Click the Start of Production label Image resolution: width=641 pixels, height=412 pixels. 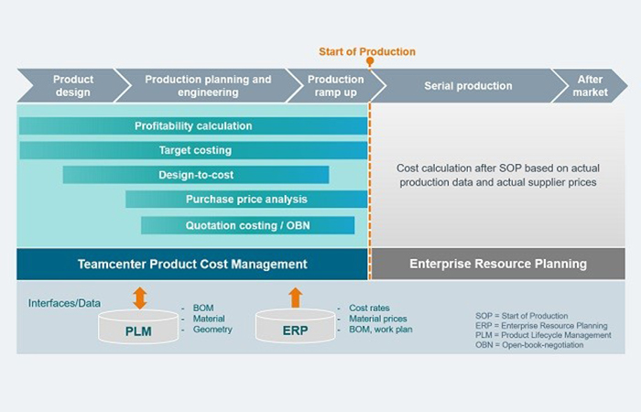366,51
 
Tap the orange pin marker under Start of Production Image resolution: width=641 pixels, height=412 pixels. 370,61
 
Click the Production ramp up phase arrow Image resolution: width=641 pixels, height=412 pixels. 336,85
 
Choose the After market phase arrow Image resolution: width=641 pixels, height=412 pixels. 590,85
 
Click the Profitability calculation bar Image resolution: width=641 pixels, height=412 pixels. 193,126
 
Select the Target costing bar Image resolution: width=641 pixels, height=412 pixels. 193,150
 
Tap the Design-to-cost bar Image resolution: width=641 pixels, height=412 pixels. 196,175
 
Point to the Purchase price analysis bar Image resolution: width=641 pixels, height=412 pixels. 246,200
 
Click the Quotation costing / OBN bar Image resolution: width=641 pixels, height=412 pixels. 248,225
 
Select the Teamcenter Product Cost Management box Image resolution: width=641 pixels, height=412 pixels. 192,264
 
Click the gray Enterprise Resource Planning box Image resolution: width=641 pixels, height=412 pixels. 498,264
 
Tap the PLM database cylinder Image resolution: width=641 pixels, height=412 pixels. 138,327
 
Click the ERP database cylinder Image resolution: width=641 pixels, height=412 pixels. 295,326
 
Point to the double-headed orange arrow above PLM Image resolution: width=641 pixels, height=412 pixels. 140,298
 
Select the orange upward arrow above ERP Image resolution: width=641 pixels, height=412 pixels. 296,298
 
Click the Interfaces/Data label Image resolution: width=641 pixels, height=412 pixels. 64,303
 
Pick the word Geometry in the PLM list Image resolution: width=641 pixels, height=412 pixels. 212,330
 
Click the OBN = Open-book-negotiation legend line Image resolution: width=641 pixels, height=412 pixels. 529,345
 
